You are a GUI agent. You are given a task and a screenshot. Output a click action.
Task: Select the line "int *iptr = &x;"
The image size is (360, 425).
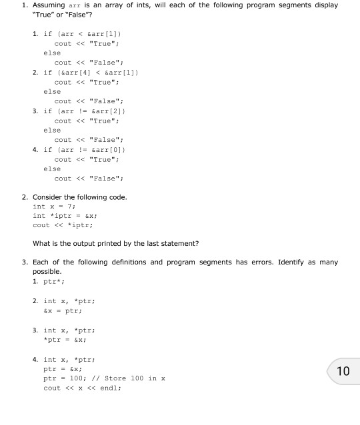[x=67, y=216]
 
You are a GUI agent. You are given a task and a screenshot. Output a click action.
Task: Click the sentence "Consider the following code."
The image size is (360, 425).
[x=79, y=197]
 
